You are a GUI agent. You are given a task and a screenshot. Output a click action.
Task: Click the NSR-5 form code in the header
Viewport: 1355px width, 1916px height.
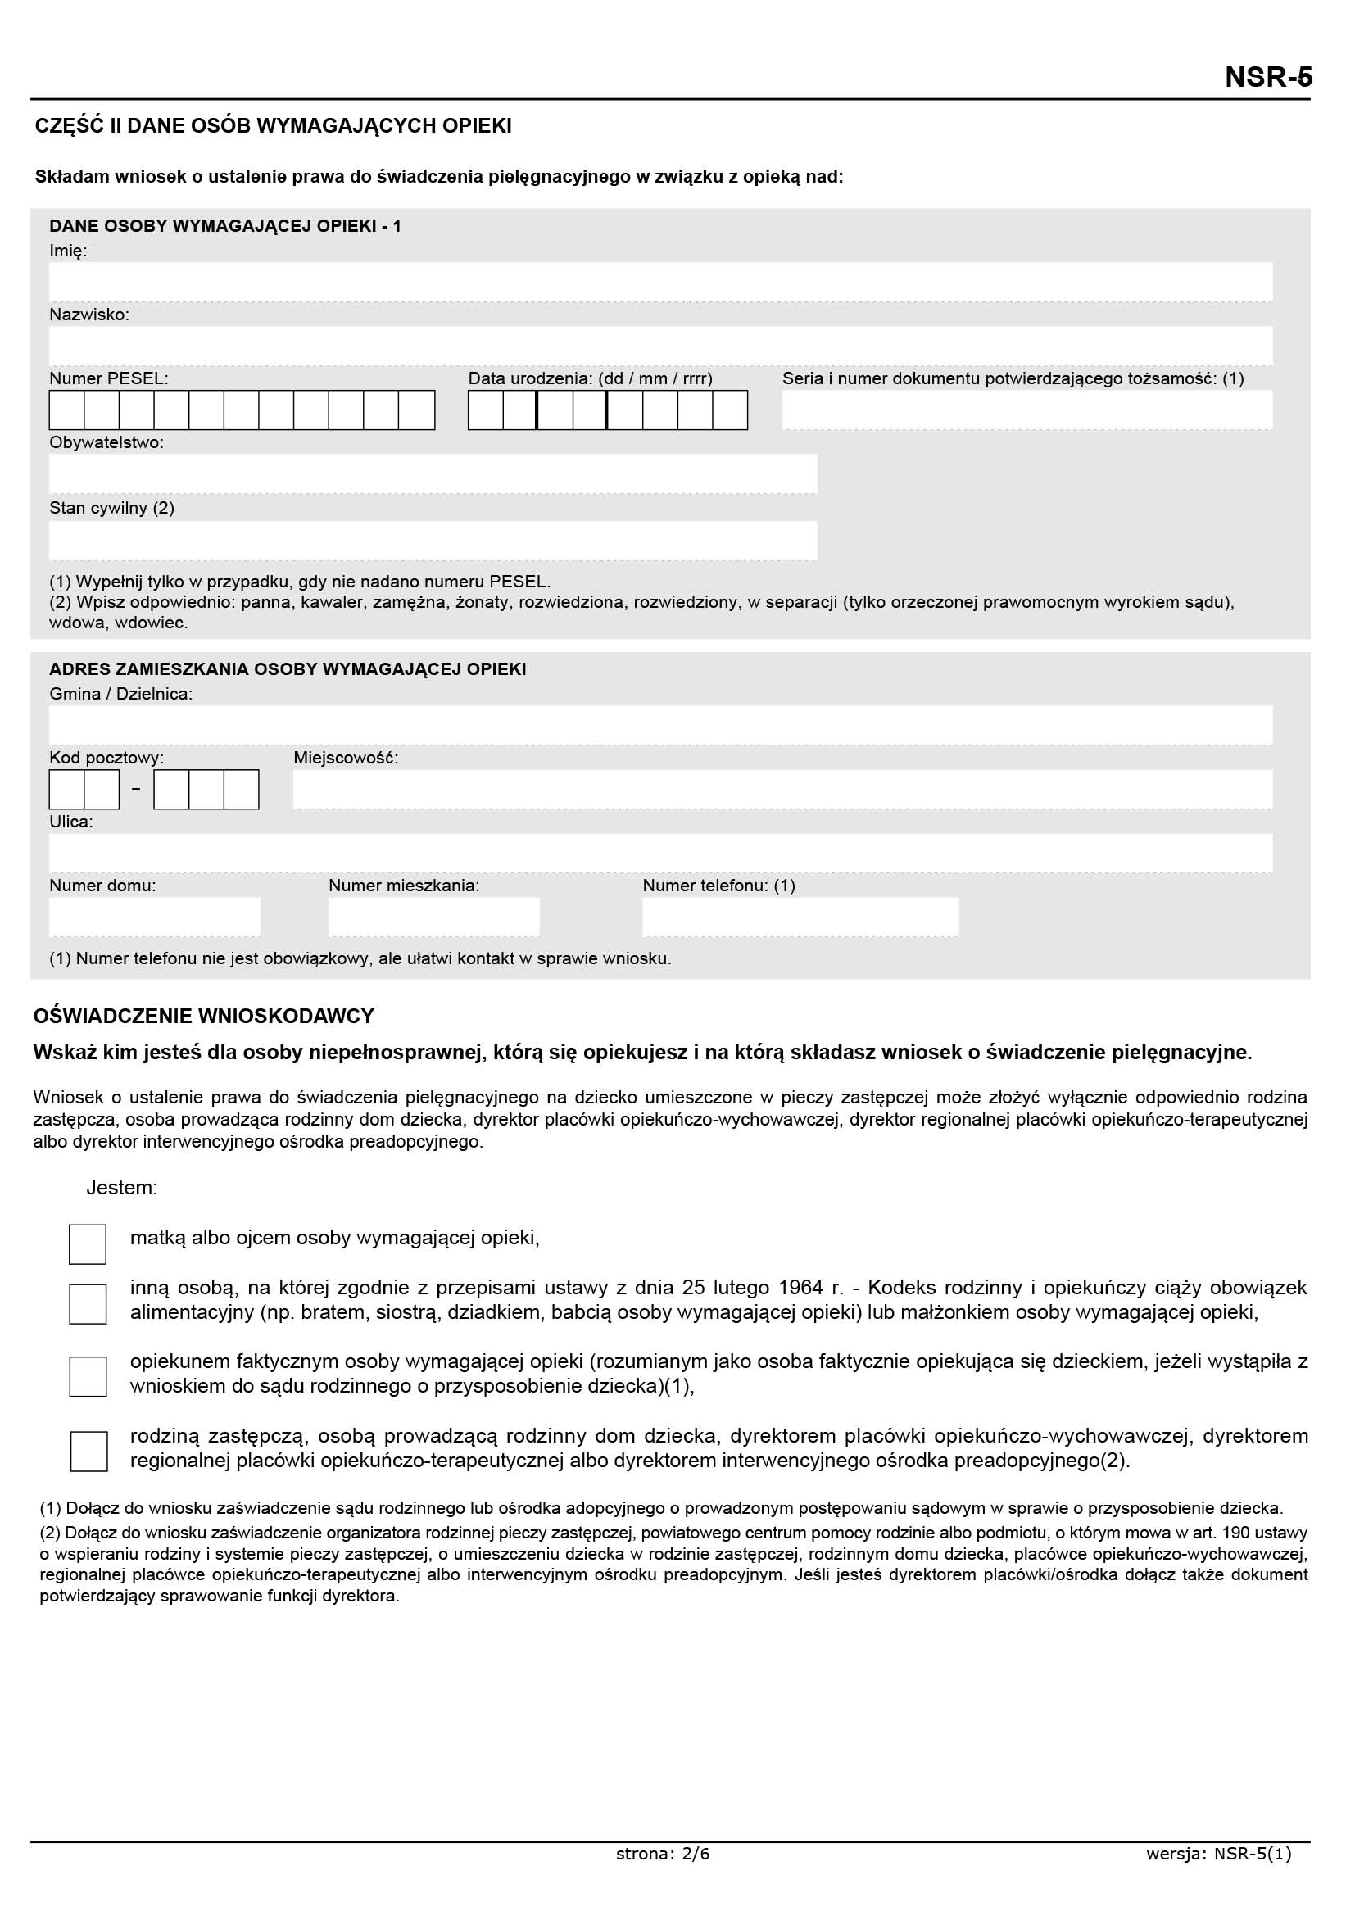click(1267, 77)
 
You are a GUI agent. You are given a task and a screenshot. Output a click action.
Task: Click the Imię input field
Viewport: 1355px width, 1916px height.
click(660, 282)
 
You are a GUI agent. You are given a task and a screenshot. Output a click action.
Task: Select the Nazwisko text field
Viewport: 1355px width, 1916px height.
click(660, 346)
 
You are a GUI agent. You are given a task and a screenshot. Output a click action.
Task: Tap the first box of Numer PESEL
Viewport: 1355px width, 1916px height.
click(66, 410)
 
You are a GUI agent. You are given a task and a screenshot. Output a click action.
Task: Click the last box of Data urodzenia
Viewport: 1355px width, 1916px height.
click(730, 410)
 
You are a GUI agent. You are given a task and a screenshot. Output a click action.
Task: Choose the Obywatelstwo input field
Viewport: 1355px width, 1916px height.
click(433, 474)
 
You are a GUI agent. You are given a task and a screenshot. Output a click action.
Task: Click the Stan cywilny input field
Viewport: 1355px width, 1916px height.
click(433, 541)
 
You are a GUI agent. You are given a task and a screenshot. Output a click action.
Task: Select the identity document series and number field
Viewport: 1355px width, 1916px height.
click(1027, 410)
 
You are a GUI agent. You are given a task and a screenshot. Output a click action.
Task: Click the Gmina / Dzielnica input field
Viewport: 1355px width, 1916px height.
click(660, 725)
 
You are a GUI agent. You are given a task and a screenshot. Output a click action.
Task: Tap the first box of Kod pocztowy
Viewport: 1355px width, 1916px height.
click(66, 790)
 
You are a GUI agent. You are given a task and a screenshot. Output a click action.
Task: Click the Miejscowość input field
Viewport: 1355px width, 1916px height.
click(782, 790)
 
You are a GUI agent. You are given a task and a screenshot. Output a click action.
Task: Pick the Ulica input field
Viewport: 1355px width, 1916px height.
click(660, 853)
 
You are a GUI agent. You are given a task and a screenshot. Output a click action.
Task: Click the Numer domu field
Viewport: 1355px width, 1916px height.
click(154, 917)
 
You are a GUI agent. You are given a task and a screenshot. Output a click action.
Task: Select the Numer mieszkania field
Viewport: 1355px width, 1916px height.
click(434, 917)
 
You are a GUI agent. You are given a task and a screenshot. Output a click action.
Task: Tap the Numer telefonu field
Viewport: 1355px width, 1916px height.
click(800, 917)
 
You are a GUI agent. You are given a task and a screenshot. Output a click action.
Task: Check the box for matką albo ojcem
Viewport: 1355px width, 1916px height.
click(88, 1244)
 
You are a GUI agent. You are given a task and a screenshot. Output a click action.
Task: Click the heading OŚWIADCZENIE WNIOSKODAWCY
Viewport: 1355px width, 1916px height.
click(204, 1016)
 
